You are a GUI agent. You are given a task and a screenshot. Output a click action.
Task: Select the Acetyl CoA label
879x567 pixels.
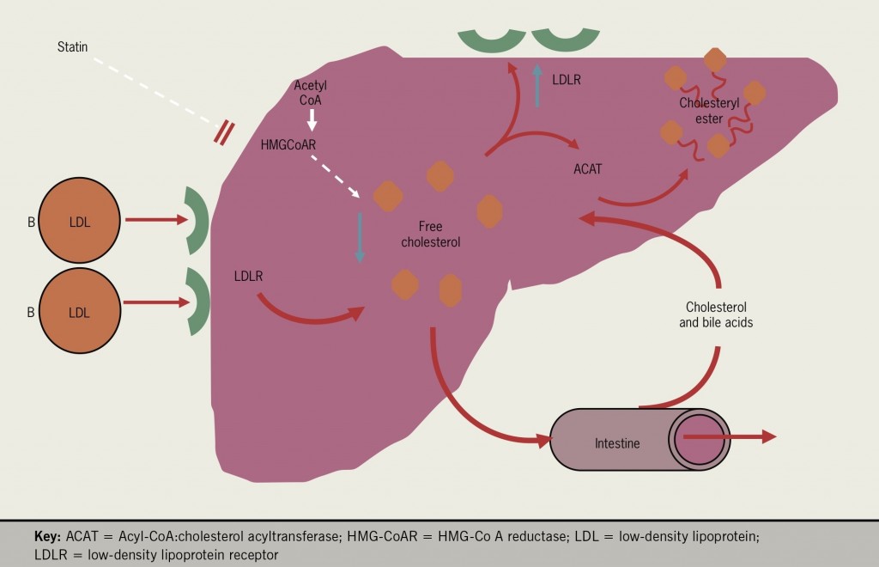[311, 93]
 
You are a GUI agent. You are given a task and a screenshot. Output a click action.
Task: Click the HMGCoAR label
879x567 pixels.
[288, 144]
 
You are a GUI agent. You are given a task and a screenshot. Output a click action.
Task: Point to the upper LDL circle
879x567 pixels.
[79, 221]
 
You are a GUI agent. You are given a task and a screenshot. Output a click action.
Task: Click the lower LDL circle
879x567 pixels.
[79, 312]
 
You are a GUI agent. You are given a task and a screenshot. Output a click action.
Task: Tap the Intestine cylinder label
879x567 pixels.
[618, 443]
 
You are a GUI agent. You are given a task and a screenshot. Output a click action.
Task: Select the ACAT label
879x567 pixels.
[587, 169]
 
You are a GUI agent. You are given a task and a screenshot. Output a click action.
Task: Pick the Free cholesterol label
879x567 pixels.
[431, 235]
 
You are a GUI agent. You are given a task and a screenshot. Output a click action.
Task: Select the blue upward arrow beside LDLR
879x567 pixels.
[536, 86]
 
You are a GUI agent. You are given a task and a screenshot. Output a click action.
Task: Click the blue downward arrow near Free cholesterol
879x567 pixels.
[360, 236]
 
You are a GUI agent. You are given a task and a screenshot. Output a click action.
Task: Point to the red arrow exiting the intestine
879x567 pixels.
[730, 436]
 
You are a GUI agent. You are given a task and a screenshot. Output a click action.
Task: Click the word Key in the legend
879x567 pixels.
[46, 536]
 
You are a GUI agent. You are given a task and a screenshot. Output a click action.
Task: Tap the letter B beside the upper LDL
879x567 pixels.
[30, 222]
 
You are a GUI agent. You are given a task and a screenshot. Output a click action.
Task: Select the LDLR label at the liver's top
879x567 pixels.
[567, 80]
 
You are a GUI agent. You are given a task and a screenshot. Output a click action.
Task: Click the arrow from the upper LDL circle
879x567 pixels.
[156, 221]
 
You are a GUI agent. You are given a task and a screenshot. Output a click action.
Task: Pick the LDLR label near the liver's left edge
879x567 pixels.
[248, 277]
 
